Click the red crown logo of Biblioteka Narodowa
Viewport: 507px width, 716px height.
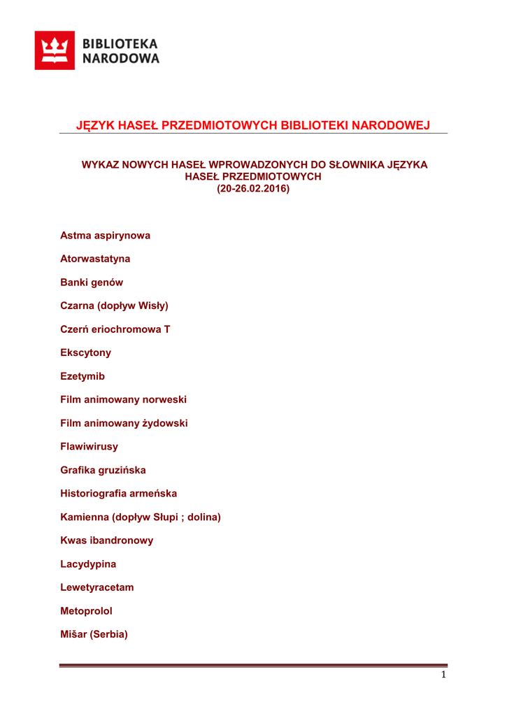click(x=55, y=51)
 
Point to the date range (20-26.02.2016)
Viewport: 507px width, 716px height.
click(x=252, y=189)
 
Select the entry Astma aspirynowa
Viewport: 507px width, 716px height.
click(x=105, y=236)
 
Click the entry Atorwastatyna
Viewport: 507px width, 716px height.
click(x=95, y=259)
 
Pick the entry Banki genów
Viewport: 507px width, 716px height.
click(x=92, y=282)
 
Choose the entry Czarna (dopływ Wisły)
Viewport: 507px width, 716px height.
click(x=115, y=306)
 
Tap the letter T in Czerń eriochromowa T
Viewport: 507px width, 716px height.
click(x=166, y=329)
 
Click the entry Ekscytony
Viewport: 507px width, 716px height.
click(x=85, y=352)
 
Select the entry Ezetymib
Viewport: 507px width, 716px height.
click(x=83, y=376)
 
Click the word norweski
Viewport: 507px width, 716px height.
click(x=164, y=399)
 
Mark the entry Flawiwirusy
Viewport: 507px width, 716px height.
click(x=90, y=446)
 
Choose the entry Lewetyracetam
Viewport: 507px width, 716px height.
click(x=97, y=587)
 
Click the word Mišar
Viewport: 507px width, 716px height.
click(x=74, y=634)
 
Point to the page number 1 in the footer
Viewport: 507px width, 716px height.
click(x=443, y=675)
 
